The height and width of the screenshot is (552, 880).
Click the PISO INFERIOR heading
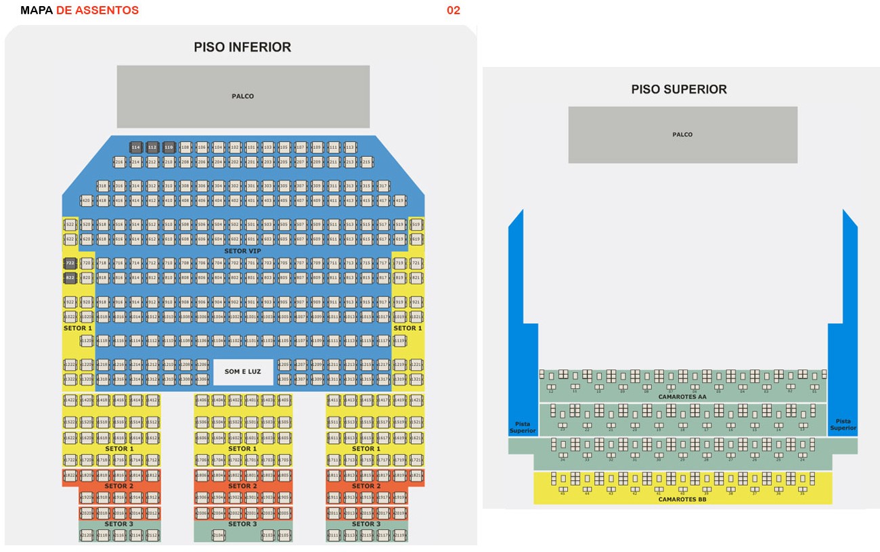click(x=242, y=47)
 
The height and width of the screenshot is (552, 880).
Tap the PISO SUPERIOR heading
click(x=679, y=89)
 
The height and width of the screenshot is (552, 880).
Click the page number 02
click(x=453, y=10)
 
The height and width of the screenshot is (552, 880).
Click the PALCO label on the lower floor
click(x=242, y=96)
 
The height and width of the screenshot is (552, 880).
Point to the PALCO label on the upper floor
click(x=682, y=135)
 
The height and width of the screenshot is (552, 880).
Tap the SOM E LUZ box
click(x=243, y=372)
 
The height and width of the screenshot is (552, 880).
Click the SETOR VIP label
click(x=242, y=251)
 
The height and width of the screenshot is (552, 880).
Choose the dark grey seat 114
click(x=136, y=147)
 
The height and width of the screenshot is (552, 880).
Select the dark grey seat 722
click(x=70, y=263)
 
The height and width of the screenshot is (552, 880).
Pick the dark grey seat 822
click(x=70, y=278)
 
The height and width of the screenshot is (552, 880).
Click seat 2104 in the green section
click(x=219, y=535)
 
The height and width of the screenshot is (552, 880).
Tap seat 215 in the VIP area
click(x=366, y=162)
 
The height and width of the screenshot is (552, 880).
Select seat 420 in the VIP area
click(x=86, y=201)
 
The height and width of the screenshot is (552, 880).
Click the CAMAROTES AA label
click(x=682, y=397)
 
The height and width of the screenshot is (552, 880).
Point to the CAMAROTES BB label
click(x=682, y=499)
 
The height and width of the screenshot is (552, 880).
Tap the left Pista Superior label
click(x=522, y=426)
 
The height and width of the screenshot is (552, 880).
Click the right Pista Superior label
click(x=843, y=424)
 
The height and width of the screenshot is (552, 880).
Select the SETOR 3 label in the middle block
click(x=242, y=524)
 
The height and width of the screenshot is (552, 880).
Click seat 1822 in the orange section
click(x=70, y=476)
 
